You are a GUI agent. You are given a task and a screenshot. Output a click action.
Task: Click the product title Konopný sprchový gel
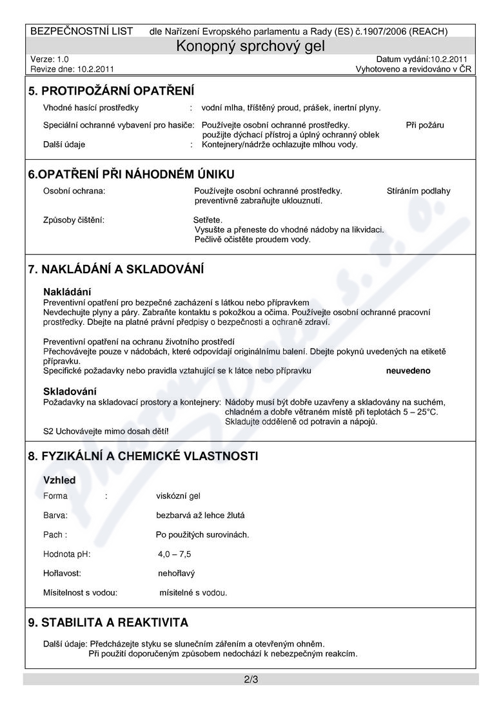click(251, 46)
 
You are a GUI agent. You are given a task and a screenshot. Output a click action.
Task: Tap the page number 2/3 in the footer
click(251, 679)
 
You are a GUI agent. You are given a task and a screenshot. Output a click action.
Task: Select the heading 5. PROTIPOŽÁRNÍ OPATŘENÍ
click(111, 92)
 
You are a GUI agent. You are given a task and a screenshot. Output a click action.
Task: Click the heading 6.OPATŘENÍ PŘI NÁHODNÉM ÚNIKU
click(131, 174)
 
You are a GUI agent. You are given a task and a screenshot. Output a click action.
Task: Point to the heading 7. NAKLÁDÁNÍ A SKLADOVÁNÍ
click(116, 269)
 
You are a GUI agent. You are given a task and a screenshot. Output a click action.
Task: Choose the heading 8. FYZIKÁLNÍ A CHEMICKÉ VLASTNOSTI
click(143, 456)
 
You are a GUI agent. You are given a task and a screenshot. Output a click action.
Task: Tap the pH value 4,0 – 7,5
click(174, 554)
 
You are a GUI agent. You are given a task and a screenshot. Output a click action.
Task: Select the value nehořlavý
click(176, 572)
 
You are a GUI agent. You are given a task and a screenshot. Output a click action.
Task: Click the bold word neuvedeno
click(408, 371)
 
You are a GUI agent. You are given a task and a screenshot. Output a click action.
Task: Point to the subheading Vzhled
click(59, 480)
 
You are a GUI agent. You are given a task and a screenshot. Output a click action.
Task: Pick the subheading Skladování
click(70, 391)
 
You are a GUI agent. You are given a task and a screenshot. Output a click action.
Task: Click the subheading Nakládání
click(67, 291)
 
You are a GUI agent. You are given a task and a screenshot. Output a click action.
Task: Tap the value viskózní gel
click(179, 496)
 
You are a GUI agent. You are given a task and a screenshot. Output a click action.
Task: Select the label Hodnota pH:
click(67, 554)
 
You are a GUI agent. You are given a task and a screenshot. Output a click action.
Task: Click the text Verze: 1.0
click(50, 59)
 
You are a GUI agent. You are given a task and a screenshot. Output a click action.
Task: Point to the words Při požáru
click(425, 125)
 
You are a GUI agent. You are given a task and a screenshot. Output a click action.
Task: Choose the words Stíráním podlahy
click(418, 191)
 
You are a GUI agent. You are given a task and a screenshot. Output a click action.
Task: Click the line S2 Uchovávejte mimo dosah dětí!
click(106, 431)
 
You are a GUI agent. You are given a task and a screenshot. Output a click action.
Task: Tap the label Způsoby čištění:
click(74, 220)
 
